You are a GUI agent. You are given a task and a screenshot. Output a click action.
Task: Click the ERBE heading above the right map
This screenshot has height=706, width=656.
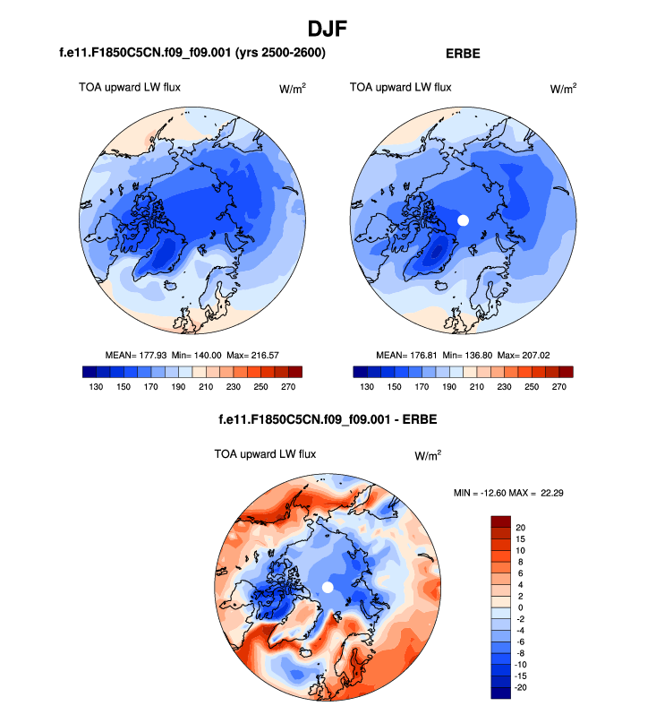point(463,54)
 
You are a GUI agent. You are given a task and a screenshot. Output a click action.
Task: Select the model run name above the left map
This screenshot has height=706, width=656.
point(192,54)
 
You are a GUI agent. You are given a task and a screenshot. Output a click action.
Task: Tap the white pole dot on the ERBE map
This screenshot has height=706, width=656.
point(463,220)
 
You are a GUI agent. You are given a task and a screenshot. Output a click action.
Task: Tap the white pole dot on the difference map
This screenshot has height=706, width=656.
point(327,586)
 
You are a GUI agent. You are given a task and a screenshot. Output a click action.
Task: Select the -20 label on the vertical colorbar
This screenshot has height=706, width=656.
point(523,688)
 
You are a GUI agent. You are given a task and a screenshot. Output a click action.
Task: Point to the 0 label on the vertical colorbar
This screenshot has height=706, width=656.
point(520,607)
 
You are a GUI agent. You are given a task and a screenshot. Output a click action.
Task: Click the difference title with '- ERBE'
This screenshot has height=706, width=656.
point(327,419)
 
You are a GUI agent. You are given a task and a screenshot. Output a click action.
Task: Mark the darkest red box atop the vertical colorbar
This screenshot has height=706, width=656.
point(500,521)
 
